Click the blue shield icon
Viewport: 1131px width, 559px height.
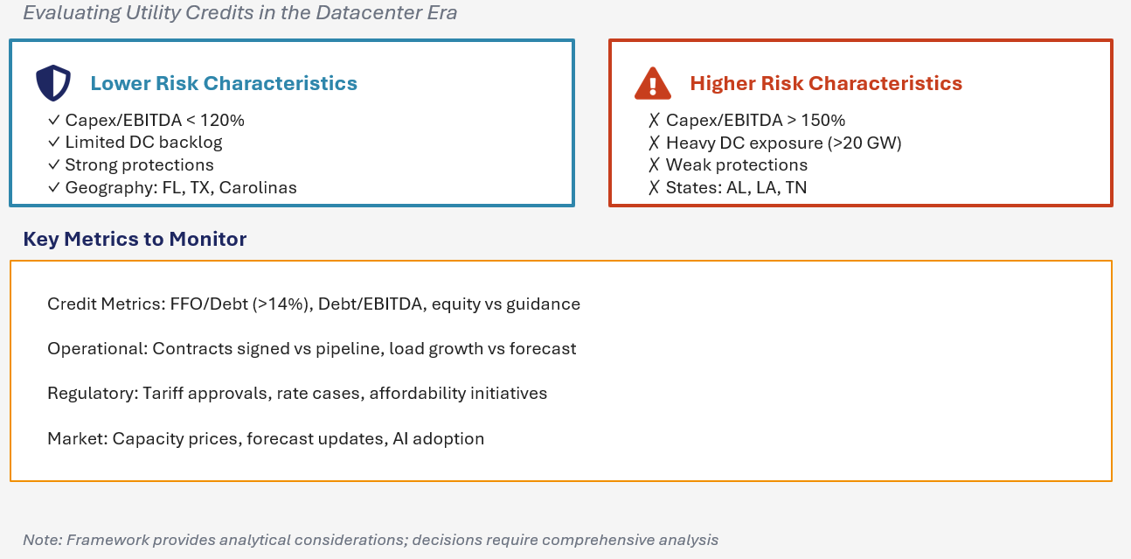click(x=52, y=83)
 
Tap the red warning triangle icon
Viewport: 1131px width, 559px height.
click(x=652, y=83)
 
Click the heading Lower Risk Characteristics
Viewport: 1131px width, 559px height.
click(x=224, y=83)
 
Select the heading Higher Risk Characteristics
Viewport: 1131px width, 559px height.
click(x=826, y=83)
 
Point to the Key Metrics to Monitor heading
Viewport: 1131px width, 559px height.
click(x=135, y=239)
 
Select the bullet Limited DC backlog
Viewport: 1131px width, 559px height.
click(x=143, y=143)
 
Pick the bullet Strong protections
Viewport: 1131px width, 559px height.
click(x=139, y=165)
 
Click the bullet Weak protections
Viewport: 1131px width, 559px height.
click(x=736, y=165)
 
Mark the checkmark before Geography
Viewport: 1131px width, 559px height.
click(x=54, y=188)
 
